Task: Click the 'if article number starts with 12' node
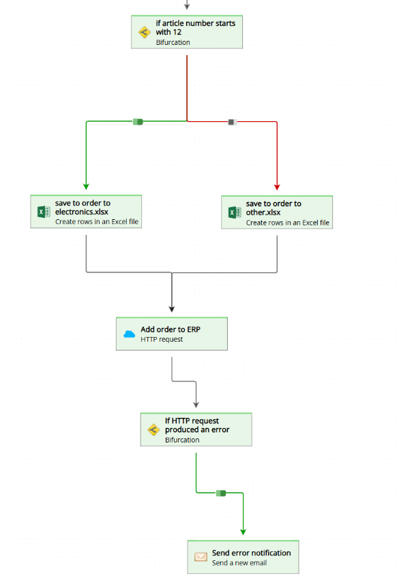(187, 32)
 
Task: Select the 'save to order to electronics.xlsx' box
(86, 212)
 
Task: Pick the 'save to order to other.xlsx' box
(277, 212)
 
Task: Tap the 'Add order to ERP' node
(171, 334)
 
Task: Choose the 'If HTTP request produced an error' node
(196, 430)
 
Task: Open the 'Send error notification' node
(243, 557)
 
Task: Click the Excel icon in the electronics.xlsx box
(44, 212)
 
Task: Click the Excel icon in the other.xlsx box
(235, 212)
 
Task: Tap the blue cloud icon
(130, 334)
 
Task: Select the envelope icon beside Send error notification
(201, 557)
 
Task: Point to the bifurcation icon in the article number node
(144, 33)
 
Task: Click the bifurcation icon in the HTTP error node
(153, 430)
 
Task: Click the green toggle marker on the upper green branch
(138, 122)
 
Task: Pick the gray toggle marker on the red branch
(232, 122)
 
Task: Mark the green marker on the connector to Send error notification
(220, 493)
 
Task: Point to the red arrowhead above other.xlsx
(277, 186)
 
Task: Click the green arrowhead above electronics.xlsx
(86, 185)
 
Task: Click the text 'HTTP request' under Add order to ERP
(162, 339)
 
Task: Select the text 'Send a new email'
(239, 563)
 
